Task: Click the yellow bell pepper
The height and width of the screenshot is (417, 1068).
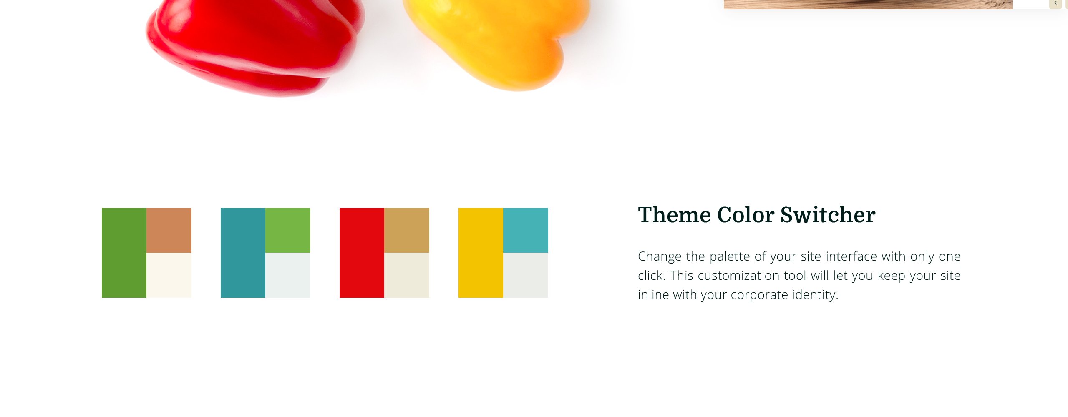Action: [x=496, y=42]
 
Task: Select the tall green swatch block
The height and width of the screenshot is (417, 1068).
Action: [x=124, y=253]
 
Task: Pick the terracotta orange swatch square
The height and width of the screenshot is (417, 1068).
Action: [x=169, y=230]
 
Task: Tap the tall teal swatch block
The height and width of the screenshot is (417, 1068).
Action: [x=243, y=253]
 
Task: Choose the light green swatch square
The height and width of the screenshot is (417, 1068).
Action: [x=288, y=230]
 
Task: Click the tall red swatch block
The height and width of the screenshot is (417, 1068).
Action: [x=362, y=253]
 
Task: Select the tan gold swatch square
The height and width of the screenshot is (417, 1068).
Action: [x=407, y=230]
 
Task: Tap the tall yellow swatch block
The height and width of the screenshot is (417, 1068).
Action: [x=481, y=253]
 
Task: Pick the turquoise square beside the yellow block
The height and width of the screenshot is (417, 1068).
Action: [x=526, y=230]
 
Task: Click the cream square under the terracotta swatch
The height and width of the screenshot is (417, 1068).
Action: [x=169, y=275]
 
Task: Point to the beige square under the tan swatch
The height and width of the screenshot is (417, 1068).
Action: [x=407, y=275]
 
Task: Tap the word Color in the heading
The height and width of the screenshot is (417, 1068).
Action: [x=746, y=215]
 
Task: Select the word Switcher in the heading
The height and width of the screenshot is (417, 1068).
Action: [x=828, y=215]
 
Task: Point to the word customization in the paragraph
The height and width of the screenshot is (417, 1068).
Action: [x=760, y=276]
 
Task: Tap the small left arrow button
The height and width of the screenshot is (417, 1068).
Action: [x=1055, y=3]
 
